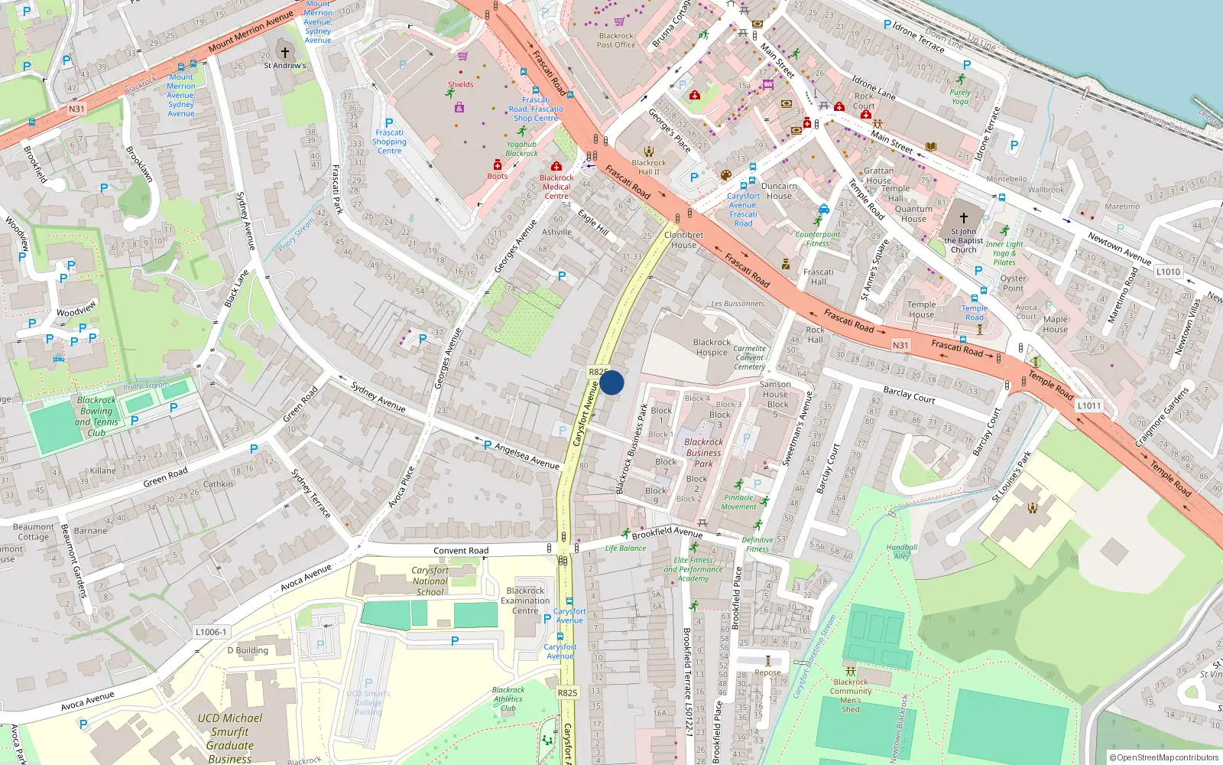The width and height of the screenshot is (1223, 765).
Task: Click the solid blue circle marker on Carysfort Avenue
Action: coord(611,382)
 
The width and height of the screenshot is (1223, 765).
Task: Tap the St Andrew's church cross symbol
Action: coord(285,53)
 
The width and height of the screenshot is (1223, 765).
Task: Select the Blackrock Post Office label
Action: coord(616,41)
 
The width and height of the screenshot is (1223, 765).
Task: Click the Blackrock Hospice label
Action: coord(712,348)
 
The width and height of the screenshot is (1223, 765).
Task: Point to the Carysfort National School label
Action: coord(430,581)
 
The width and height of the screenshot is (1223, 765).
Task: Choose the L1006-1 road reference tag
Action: coord(211,632)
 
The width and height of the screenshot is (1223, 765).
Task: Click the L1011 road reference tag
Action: coord(1089,405)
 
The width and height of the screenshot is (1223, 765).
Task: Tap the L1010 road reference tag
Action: coord(1168,272)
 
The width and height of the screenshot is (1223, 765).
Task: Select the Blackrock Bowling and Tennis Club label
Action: coord(96,416)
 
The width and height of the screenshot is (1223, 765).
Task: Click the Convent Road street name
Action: coord(461,551)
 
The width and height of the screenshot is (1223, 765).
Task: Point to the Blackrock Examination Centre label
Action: coord(525,601)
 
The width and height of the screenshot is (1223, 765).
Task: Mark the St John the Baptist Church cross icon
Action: coord(963,218)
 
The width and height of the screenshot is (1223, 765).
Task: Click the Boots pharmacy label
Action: coord(498,176)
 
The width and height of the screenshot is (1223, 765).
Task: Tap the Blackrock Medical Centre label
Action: coord(556,187)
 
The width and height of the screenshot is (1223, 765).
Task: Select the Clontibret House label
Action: coord(683,240)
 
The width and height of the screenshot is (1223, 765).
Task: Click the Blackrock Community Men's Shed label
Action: coord(851,695)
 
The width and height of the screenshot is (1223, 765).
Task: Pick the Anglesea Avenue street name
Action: coord(527,456)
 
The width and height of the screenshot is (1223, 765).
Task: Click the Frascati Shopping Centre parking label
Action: coord(389,142)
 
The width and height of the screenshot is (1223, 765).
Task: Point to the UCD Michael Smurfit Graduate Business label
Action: coord(229,738)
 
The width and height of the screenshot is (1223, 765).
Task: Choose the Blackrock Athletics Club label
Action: coord(508,698)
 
